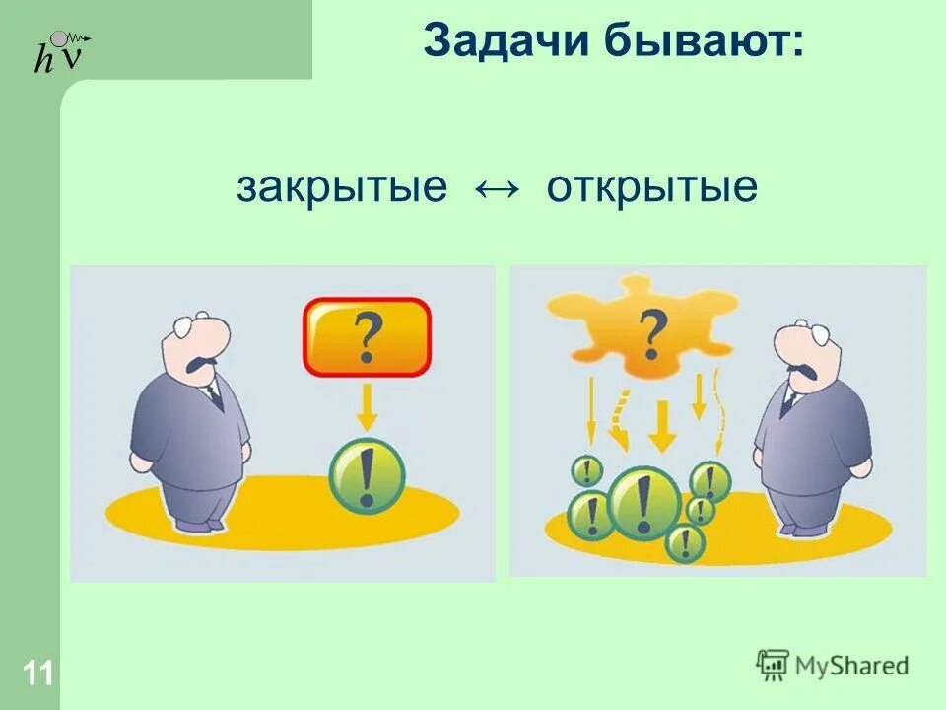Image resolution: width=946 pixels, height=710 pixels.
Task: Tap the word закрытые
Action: point(341,186)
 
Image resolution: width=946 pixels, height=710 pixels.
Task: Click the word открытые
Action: point(652,186)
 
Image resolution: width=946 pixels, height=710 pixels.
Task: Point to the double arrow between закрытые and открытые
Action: point(497,187)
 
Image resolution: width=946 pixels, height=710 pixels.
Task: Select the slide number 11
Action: point(38,674)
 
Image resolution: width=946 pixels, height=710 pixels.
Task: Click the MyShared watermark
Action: point(833,666)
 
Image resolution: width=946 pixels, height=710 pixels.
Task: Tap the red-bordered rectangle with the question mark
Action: point(367,337)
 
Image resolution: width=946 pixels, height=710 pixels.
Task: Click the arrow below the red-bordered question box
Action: point(367,406)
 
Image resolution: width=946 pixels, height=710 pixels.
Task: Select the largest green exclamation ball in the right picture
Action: point(644,502)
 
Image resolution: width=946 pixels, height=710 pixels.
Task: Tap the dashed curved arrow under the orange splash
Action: point(620,418)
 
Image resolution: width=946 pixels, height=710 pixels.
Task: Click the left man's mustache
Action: point(200,364)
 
